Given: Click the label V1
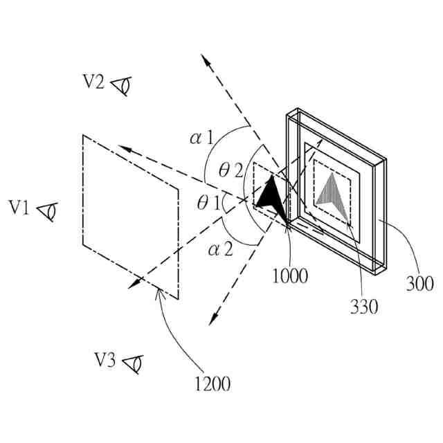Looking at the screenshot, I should tap(19, 207).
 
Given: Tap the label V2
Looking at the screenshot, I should tap(94, 82).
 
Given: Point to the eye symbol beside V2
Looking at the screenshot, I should tap(123, 85).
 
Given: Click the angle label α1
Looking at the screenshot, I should tap(201, 138).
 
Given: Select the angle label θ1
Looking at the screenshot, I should tap(208, 204).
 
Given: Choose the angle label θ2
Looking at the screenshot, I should tap(230, 168).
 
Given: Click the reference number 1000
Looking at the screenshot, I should tap(290, 275).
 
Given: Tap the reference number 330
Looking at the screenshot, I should tap(364, 306).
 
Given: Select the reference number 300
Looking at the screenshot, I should tap(419, 283).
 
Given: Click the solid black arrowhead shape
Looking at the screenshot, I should tap(271, 196).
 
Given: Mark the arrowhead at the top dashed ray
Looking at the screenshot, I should tap(206, 61).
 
